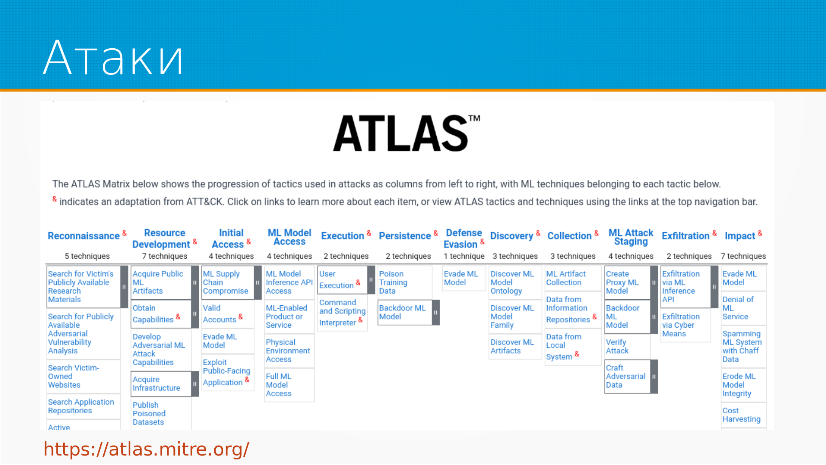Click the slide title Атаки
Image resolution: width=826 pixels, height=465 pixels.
point(114,58)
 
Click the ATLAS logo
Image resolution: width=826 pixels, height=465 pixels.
point(407,133)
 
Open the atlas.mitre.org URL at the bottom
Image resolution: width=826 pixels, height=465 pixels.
point(146,449)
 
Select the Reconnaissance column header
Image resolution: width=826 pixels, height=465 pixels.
point(84,236)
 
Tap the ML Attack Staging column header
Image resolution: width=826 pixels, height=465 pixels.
point(631,237)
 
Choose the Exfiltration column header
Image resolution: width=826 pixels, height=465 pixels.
point(686,236)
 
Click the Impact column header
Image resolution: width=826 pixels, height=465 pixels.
point(740,236)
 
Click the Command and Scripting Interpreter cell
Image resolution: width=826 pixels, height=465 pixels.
point(342,313)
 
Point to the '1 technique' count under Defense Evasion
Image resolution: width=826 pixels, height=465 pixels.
point(464,256)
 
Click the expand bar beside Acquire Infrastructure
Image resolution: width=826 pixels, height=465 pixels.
point(195,384)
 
